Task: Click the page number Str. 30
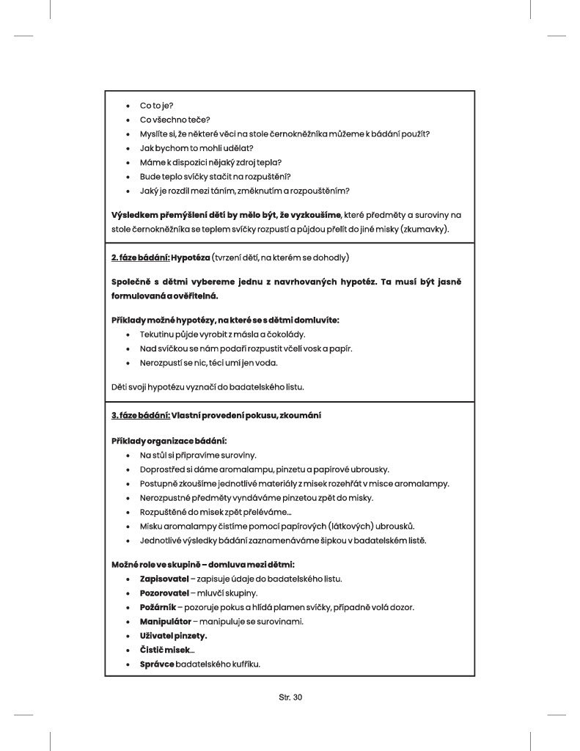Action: [x=290, y=697]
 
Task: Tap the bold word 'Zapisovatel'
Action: [x=164, y=579]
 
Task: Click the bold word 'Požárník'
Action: [x=158, y=607]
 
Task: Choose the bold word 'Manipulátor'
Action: [x=166, y=621]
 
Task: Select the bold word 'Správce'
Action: [x=157, y=664]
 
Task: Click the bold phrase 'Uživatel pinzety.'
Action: [x=173, y=636]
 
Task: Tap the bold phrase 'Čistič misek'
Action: [x=166, y=651]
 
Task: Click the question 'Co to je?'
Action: [x=156, y=106]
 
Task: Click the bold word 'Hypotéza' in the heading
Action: [x=190, y=257]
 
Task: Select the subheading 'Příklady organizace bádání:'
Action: [x=169, y=441]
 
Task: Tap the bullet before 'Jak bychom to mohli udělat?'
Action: [x=128, y=149]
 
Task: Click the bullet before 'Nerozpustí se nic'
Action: [x=128, y=363]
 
